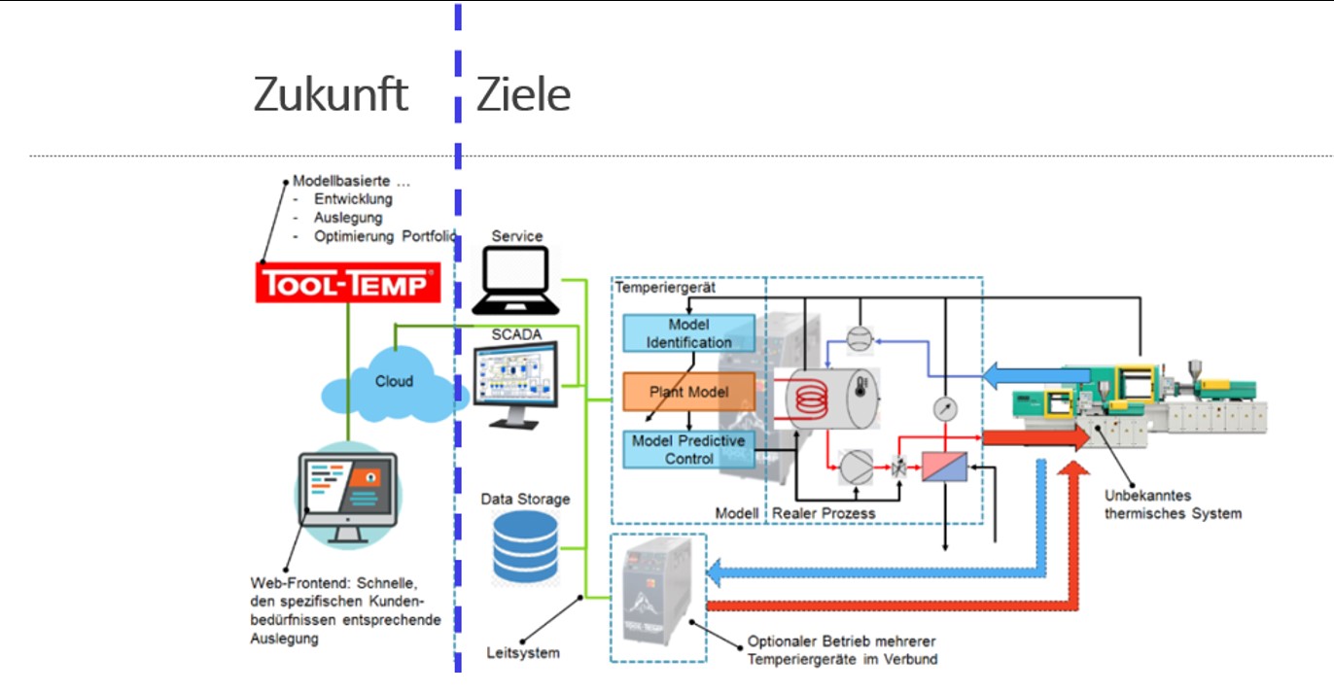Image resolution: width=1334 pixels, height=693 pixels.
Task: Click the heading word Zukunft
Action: (x=331, y=95)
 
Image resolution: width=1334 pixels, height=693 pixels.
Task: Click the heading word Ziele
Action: (x=523, y=95)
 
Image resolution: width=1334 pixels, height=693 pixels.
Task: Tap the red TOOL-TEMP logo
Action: (x=347, y=283)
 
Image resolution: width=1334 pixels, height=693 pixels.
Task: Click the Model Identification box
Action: (x=688, y=333)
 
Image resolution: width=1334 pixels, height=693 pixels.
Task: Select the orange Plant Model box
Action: (x=688, y=392)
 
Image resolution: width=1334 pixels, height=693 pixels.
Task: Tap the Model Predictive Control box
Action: (x=688, y=449)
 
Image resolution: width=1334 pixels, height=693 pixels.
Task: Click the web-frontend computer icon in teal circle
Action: (x=347, y=495)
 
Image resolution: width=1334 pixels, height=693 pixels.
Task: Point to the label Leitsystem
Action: (x=523, y=653)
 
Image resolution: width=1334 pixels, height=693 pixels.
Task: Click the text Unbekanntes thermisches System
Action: (x=1173, y=504)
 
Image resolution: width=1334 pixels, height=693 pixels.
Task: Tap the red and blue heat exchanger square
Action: (x=947, y=468)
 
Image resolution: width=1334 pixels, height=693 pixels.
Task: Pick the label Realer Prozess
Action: (x=824, y=513)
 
